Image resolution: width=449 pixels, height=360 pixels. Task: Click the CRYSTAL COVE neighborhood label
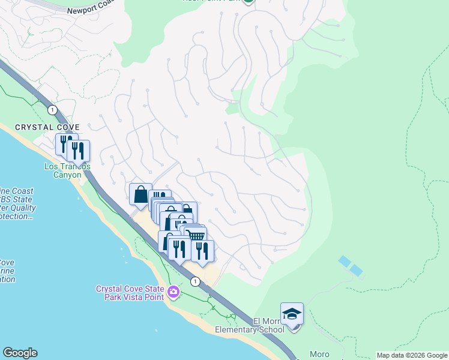pyautogui.click(x=47, y=127)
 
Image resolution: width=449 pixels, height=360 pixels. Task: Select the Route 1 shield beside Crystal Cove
pyautogui.click(x=53, y=109)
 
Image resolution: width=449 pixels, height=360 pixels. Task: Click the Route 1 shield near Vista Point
pyautogui.click(x=194, y=281)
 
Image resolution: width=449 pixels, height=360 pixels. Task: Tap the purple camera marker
pyautogui.click(x=173, y=292)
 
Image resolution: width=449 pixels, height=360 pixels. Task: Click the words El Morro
pyautogui.click(x=264, y=321)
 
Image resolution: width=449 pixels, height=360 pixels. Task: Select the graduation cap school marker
pyautogui.click(x=292, y=314)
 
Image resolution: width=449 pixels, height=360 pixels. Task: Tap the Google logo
pyautogui.click(x=20, y=353)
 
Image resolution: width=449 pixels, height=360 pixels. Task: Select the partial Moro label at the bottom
pyautogui.click(x=319, y=355)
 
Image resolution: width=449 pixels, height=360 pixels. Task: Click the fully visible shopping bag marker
pyautogui.click(x=140, y=194)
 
